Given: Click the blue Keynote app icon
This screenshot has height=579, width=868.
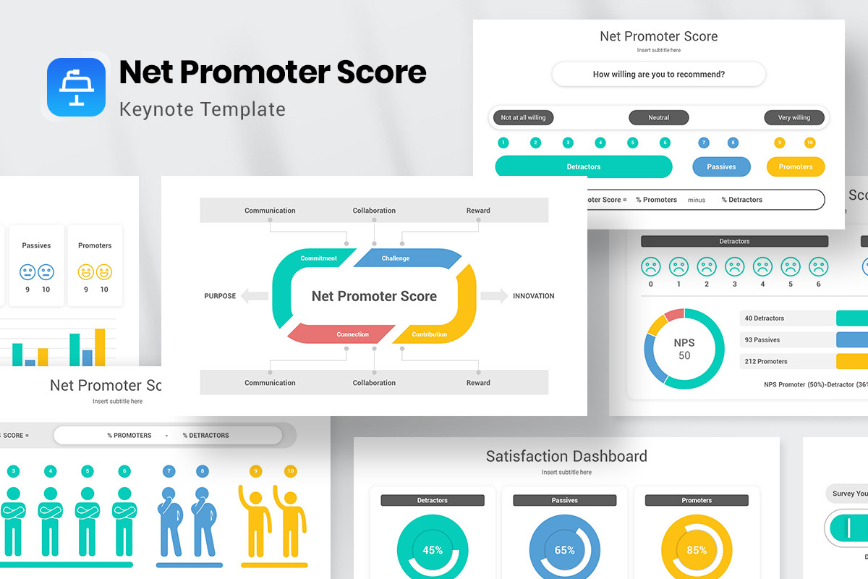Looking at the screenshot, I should click(x=76, y=87).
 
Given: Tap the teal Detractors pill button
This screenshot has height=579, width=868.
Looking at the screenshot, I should click(x=583, y=166).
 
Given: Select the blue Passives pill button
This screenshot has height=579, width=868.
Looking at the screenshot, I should click(x=721, y=166).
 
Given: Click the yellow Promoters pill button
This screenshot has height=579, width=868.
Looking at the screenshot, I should click(x=795, y=166).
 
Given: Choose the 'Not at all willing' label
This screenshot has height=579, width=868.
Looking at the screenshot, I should click(x=524, y=117).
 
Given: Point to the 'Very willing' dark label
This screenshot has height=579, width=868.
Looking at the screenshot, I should click(x=793, y=117).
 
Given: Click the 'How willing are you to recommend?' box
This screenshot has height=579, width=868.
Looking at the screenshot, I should click(x=658, y=74).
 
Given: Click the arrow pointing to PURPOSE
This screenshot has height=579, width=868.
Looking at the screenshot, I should click(x=254, y=296).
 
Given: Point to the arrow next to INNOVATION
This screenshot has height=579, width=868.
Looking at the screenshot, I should click(x=494, y=296).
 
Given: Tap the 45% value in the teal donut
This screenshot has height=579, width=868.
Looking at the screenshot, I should click(x=433, y=550).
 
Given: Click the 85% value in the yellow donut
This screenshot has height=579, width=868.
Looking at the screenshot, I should click(x=697, y=550).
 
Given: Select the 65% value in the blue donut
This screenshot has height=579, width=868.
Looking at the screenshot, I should click(x=564, y=550).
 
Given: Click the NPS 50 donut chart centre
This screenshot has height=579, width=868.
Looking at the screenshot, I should click(x=684, y=349).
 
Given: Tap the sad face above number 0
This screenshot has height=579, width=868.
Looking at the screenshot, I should click(x=651, y=267).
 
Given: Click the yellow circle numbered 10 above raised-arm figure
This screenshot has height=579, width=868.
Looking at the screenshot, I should click(x=290, y=471).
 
